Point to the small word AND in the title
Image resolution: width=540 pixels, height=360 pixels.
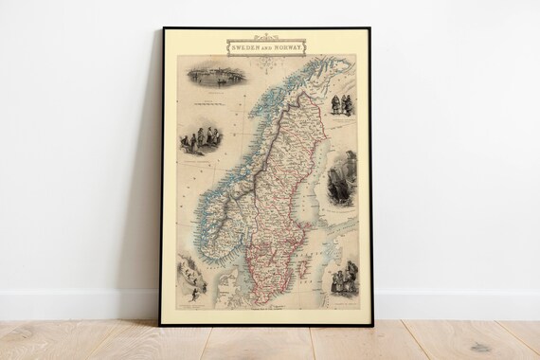[268, 46]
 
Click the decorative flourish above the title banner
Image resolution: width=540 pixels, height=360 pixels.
[266, 38]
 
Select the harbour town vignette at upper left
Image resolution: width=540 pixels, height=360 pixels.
[216, 75]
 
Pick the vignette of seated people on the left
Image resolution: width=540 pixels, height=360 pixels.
[201, 138]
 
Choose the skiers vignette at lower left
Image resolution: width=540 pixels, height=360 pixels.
[192, 278]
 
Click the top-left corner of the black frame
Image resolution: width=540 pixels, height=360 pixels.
[163, 29]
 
